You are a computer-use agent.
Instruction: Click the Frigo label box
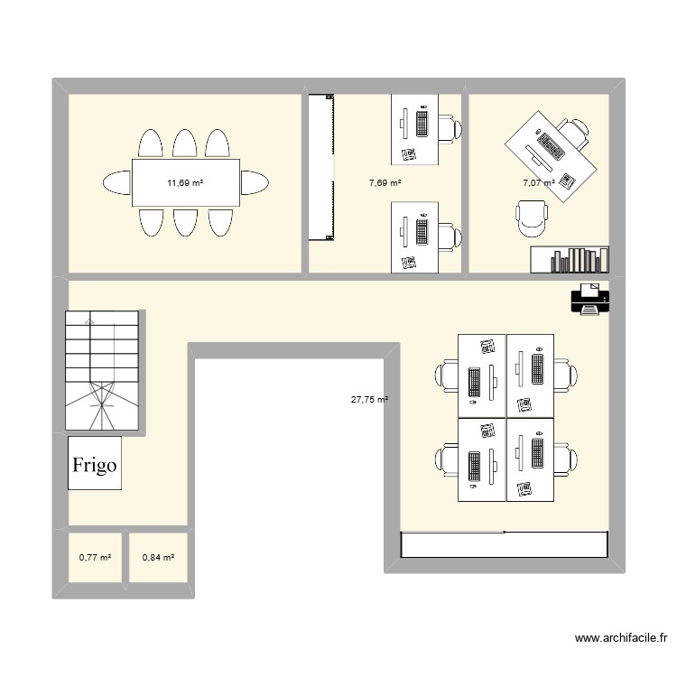tap(95, 464)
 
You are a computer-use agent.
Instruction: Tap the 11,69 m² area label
tap(185, 183)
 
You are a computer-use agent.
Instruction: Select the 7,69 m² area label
tap(385, 183)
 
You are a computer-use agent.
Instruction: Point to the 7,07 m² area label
tap(539, 183)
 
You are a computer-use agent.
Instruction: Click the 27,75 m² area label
tap(370, 399)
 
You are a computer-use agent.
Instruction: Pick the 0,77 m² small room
tap(95, 559)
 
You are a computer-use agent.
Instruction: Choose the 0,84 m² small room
tap(158, 559)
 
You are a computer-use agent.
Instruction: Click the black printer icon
tap(589, 299)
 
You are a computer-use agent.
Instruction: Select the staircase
tap(101, 371)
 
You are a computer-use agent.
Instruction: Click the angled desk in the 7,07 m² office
tap(551, 153)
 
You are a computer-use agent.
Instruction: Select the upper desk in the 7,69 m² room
tap(413, 128)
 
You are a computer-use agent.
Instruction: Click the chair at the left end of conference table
tap(117, 182)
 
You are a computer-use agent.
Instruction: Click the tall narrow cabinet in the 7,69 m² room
tap(320, 167)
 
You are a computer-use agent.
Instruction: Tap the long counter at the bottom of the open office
tap(504, 544)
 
